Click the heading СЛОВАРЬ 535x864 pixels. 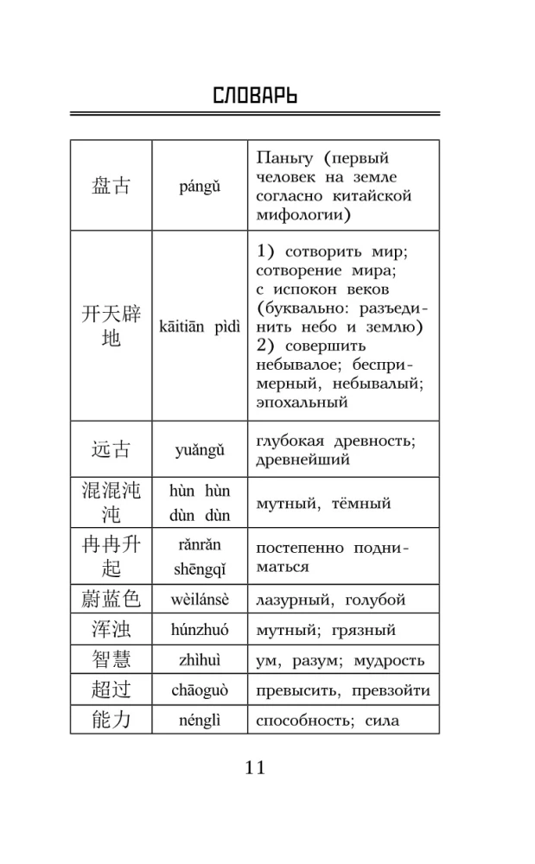click(x=254, y=95)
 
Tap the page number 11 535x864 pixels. click(x=255, y=767)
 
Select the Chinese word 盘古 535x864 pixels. click(x=111, y=186)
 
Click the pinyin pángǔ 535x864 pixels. click(x=200, y=186)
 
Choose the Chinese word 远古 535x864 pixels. click(x=111, y=449)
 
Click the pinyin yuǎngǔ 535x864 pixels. click(x=200, y=449)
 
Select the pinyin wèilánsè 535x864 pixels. click(x=200, y=600)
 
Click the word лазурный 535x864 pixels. click(x=296, y=600)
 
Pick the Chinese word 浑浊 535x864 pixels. click(x=111, y=630)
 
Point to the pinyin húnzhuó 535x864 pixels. click(x=200, y=630)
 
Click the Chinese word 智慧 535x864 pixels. click(x=111, y=660)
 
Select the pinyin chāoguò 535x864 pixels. click(x=200, y=690)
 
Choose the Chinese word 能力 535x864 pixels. click(x=111, y=720)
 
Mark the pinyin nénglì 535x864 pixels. click(x=200, y=721)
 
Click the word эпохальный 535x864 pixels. click(x=302, y=402)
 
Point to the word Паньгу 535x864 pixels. click(x=283, y=158)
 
